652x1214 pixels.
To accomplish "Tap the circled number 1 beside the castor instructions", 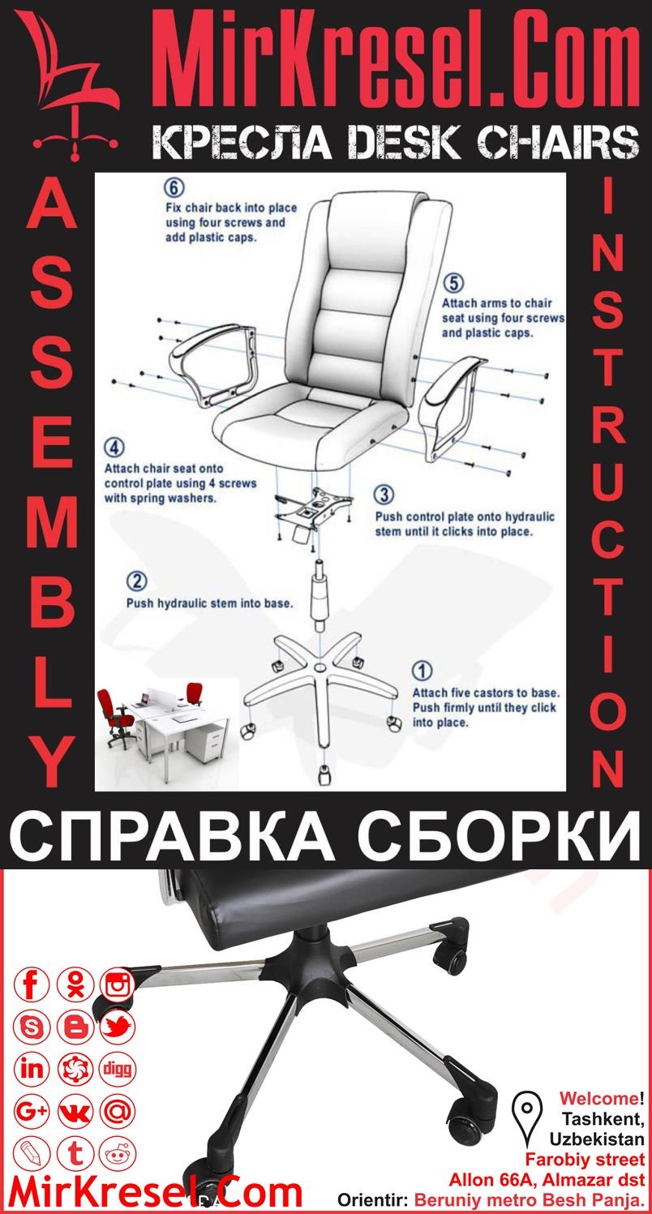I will [x=423, y=671].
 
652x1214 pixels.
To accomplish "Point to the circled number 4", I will [x=114, y=448].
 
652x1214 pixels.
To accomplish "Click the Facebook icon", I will [x=33, y=985].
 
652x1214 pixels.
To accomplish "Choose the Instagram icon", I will [x=118, y=985].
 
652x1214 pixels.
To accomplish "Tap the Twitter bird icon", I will [x=118, y=1027].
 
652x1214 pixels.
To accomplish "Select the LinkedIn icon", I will [x=33, y=1069].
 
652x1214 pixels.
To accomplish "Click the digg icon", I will [x=118, y=1069].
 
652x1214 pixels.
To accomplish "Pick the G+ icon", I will [x=33, y=1111].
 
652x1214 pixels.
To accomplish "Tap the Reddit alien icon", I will [x=118, y=1152].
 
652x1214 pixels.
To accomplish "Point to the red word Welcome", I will [x=598, y=1099].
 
